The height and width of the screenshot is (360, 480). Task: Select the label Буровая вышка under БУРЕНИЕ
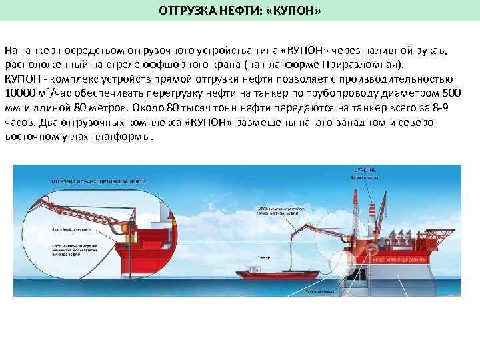pyautogui.click(x=365, y=178)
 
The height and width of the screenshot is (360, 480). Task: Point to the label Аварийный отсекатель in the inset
pyautogui.click(x=71, y=229)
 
